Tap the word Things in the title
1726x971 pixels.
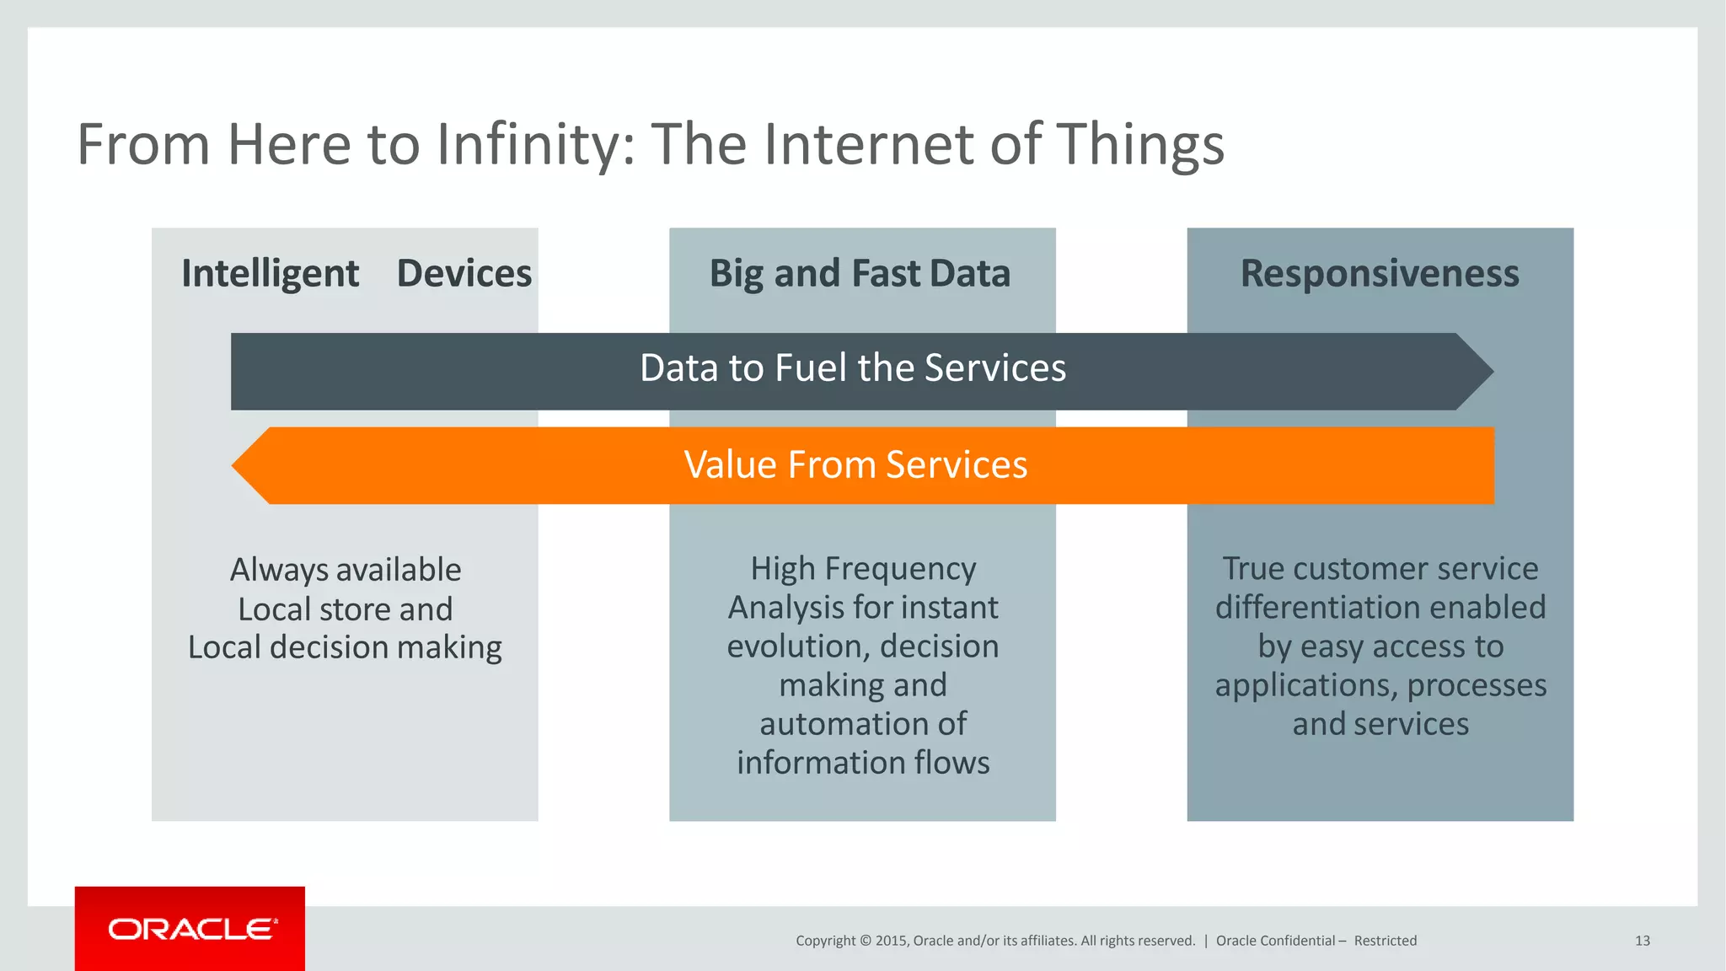point(1139,145)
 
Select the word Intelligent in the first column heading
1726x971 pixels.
point(270,274)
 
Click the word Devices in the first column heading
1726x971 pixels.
point(464,274)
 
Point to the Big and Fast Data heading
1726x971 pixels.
point(860,274)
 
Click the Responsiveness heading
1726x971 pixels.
point(1380,274)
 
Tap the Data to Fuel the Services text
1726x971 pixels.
point(853,368)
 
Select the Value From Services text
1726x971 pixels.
point(855,465)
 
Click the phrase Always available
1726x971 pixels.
point(346,570)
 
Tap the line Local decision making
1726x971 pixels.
point(345,647)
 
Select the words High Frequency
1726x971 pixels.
point(863,569)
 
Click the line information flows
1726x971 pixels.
point(863,763)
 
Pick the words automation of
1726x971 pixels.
point(863,724)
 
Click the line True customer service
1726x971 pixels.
point(1380,569)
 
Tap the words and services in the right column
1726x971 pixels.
point(1380,724)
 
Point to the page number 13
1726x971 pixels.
point(1642,941)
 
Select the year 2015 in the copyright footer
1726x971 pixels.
point(891,941)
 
